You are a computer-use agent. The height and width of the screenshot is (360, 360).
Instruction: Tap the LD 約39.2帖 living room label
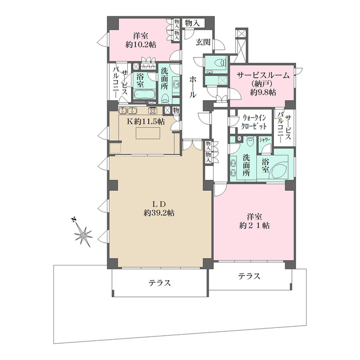(x=159, y=209)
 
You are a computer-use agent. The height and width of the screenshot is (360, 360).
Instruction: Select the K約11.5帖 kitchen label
(x=146, y=121)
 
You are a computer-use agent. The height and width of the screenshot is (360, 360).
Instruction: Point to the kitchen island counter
(x=148, y=133)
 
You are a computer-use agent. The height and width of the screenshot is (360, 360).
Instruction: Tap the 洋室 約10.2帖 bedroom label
(x=141, y=40)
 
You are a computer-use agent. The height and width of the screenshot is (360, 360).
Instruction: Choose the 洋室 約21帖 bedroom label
(x=254, y=221)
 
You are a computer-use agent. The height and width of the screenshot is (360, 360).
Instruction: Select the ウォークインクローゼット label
(x=254, y=122)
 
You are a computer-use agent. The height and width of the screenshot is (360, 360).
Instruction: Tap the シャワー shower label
(x=265, y=140)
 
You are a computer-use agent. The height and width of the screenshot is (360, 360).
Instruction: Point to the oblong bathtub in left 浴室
(x=145, y=94)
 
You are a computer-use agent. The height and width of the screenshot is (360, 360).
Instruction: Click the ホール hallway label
(x=193, y=87)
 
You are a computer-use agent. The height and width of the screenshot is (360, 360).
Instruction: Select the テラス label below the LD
(x=160, y=282)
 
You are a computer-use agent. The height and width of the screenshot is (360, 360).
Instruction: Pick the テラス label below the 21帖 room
(x=249, y=276)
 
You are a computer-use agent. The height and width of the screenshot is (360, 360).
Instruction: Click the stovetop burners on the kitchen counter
(x=152, y=111)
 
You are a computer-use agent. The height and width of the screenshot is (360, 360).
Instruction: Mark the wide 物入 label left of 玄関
(x=192, y=23)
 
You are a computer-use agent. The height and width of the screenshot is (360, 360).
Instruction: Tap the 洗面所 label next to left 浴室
(x=164, y=78)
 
